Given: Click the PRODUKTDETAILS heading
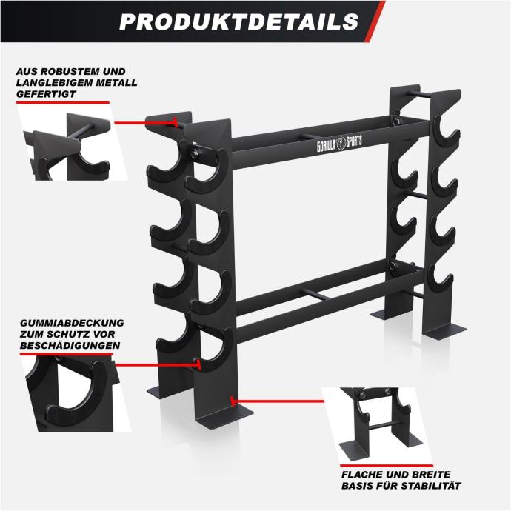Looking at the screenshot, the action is click(239, 21).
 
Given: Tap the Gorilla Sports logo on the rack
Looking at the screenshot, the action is click(339, 144).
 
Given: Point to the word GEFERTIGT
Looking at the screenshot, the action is click(46, 94).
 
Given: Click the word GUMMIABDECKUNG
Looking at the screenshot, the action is click(72, 323).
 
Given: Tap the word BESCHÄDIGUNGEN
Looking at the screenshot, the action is click(70, 345).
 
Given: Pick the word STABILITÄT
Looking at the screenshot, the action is click(430, 486).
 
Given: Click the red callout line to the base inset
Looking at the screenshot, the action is click(277, 401).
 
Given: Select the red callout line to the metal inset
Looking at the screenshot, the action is click(146, 123).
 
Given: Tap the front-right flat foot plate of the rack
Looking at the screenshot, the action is click(444, 333).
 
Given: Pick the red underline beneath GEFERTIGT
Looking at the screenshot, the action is click(63, 102).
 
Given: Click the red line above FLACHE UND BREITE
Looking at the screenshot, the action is click(387, 466).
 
